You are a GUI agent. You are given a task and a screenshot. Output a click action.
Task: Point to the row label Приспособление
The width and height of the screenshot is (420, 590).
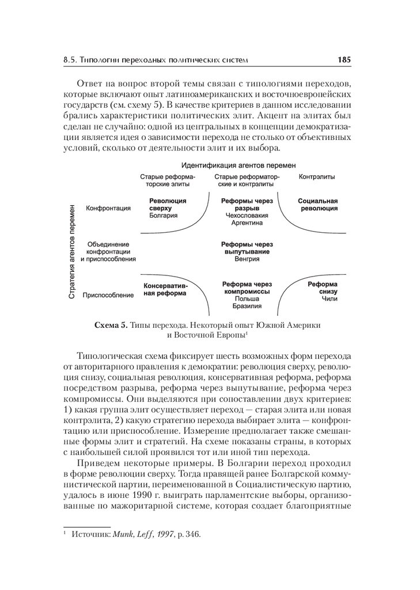[x=108, y=295]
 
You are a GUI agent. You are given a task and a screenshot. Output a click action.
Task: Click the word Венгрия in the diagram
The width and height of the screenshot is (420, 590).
[x=247, y=259]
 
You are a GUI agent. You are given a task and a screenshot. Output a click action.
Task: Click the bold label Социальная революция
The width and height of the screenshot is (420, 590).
[x=317, y=204]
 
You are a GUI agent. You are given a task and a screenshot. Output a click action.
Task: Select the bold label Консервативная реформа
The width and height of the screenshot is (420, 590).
[x=165, y=289]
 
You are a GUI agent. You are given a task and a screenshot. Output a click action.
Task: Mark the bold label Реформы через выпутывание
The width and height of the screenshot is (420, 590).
[x=247, y=248]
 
